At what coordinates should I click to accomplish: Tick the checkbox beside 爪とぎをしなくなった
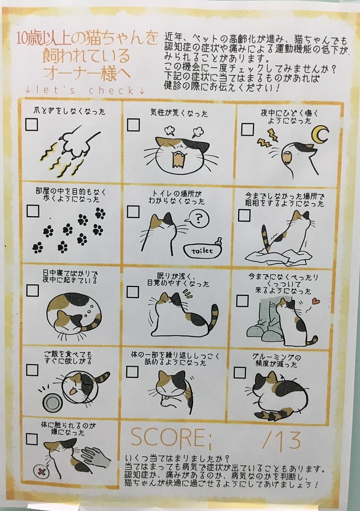[31, 124]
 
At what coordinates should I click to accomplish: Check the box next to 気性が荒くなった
[133, 125]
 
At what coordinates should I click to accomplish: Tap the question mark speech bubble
[198, 218]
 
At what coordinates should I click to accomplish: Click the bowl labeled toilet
[203, 250]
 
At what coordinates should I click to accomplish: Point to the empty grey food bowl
[52, 402]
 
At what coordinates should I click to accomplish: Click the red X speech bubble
[42, 472]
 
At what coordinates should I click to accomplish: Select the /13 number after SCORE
[282, 440]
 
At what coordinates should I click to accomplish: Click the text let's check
[85, 90]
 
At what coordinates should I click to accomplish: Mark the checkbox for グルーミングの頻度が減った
[240, 372]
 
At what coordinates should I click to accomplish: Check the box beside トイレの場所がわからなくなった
[133, 211]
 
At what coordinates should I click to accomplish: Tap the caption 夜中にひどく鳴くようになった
[289, 117]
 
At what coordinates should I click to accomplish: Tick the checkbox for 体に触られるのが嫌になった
[31, 439]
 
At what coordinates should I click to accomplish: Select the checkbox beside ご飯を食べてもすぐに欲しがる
[32, 370]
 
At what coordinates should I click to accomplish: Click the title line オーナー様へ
[87, 73]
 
